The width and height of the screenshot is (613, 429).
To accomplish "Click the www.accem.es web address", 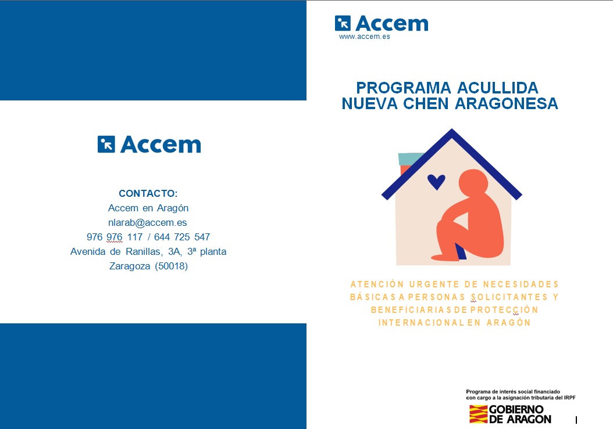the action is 364,37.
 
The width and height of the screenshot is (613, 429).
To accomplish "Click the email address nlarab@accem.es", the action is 147,222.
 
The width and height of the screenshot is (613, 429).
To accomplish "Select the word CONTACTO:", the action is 148,193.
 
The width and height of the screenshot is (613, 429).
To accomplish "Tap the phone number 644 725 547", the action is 182,237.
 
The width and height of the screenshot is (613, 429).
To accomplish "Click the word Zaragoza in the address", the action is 130,266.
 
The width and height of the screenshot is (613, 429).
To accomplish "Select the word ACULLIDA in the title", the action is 498,88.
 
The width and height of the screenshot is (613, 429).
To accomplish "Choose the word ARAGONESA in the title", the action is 506,103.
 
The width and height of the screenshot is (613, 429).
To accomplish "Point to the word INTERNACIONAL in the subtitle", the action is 420,323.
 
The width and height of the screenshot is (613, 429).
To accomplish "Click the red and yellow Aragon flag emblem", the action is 478,414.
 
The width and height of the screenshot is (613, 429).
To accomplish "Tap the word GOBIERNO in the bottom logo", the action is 516,409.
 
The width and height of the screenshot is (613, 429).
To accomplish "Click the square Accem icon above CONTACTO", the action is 106,144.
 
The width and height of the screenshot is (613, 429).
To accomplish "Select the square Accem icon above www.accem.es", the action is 343,23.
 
